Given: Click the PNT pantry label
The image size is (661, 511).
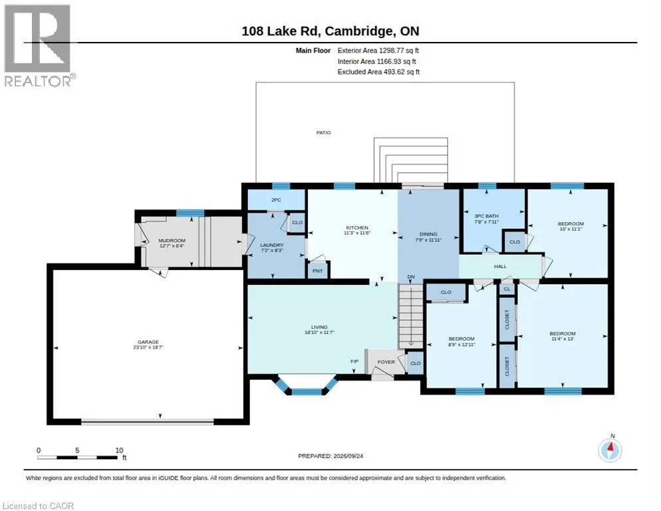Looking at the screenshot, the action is point(317,271).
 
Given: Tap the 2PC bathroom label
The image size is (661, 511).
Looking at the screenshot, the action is point(276,200).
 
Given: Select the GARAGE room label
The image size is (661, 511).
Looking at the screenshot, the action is point(148,342).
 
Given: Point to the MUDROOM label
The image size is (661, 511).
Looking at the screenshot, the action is point(172,240).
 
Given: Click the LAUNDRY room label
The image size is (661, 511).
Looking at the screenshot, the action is point(272,245).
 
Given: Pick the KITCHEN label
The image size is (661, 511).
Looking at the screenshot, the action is point(357,228).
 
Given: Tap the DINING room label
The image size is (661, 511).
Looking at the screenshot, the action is point(428,234).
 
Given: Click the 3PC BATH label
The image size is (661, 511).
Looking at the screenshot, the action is point(487,216).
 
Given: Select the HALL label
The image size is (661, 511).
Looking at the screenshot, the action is point(500,267).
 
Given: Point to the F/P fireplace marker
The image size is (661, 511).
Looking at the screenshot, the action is point(354,361).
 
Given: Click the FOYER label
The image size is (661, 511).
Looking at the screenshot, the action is point(386,362).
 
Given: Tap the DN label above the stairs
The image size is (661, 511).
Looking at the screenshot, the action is point(411,277).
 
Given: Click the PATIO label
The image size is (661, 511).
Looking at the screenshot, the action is point(324,133).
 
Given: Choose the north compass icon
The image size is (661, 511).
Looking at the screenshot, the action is point(610,450).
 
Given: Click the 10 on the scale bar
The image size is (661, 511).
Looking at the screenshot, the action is point(119,450).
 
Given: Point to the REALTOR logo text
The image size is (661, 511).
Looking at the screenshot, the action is point(39,81).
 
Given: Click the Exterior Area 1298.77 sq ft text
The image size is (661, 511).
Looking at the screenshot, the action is point(378,51).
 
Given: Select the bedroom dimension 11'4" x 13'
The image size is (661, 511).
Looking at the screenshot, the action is point(563,339).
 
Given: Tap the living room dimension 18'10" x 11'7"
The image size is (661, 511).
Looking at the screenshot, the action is point(320,333).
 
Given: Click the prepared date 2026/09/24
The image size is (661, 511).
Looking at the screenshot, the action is point(348,456).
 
